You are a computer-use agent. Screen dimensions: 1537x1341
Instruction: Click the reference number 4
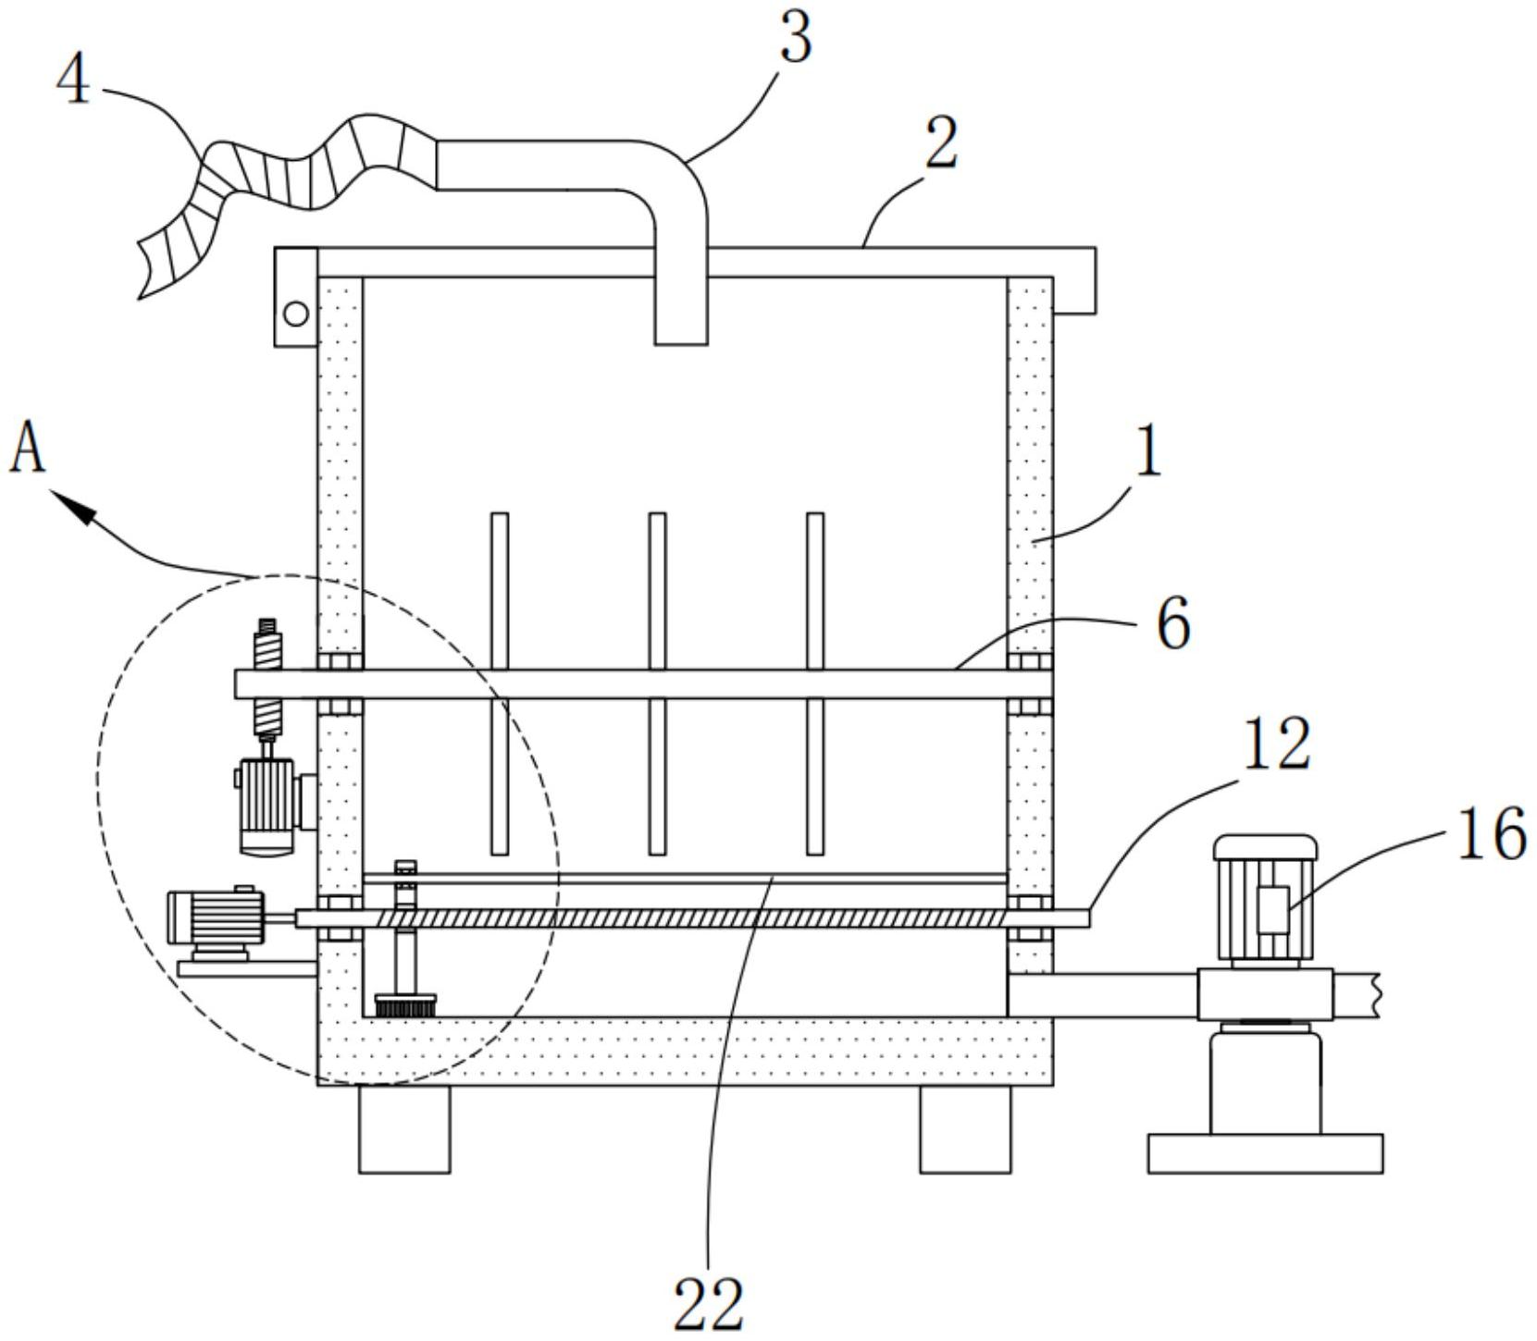pos(74,80)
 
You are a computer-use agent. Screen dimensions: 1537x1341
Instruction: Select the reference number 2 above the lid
pos(941,143)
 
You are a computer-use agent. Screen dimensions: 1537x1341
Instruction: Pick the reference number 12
pos(1277,744)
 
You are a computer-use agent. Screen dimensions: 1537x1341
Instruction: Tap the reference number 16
pos(1493,833)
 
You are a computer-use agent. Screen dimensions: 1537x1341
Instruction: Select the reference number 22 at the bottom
pos(709,1305)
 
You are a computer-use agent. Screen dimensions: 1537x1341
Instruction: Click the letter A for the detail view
pos(28,449)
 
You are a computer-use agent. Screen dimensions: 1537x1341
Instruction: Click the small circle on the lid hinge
pos(296,314)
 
